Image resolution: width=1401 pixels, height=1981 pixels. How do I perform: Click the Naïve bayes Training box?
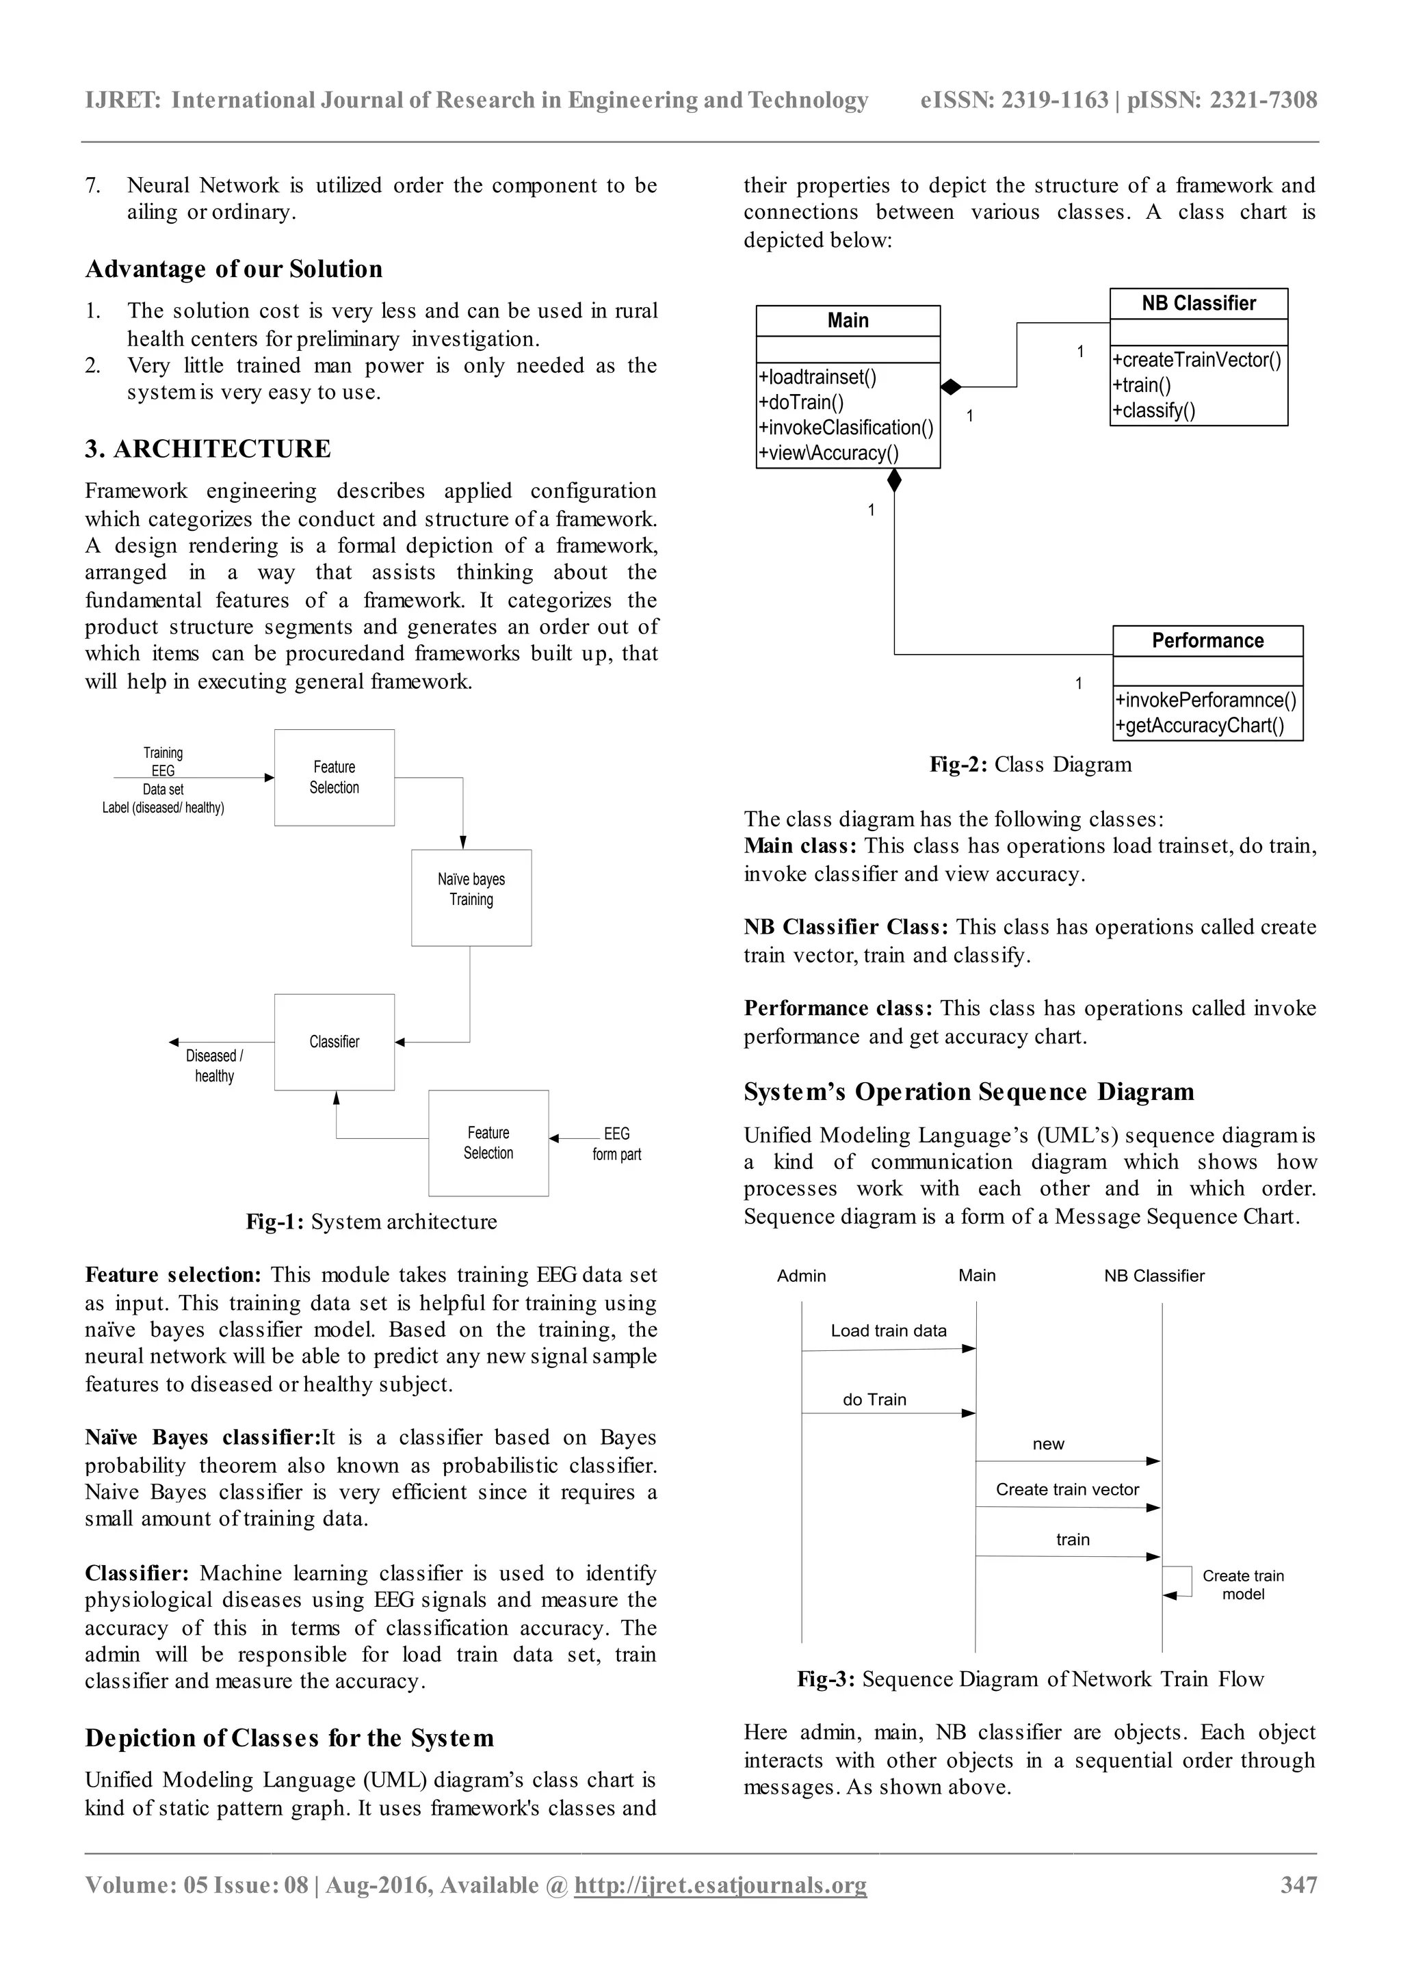[471, 897]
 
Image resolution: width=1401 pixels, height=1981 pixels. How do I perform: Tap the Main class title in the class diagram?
[848, 321]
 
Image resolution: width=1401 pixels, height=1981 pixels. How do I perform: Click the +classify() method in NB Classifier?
[1153, 410]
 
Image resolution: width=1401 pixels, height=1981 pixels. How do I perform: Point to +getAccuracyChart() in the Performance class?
[1199, 726]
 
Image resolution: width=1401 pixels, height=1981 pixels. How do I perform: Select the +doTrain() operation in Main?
[802, 403]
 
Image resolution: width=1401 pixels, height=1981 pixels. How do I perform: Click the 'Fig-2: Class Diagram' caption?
[1030, 765]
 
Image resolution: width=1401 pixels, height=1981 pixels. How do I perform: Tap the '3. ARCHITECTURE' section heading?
[208, 449]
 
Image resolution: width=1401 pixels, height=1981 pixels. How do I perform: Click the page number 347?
[1298, 1885]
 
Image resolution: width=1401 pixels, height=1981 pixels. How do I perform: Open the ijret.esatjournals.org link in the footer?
[720, 1885]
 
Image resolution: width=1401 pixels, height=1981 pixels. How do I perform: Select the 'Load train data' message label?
[889, 1330]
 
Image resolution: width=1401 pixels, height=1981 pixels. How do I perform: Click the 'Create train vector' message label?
[1067, 1489]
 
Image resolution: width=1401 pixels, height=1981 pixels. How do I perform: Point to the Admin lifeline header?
[802, 1275]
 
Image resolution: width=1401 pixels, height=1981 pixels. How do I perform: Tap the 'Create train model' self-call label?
[1243, 1584]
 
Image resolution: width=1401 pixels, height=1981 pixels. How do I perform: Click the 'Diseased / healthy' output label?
[214, 1066]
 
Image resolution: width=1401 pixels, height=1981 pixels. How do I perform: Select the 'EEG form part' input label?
[617, 1143]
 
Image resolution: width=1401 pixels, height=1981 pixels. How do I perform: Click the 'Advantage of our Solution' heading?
[234, 270]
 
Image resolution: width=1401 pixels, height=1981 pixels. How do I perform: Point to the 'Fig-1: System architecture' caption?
[371, 1222]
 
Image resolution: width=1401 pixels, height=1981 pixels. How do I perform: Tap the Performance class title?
[1208, 641]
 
